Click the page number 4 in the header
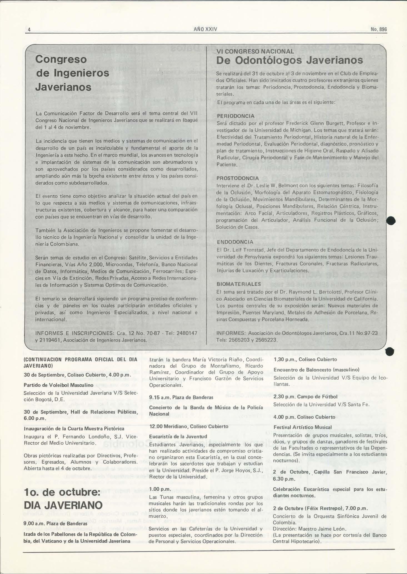tap(29, 29)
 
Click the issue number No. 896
tap(379, 29)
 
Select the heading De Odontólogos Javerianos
tap(289, 60)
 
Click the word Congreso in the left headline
tap(61, 59)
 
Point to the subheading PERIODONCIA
tap(235, 116)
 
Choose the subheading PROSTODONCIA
tap(238, 178)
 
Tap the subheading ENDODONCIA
tap(235, 242)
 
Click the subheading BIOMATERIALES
tap(239, 284)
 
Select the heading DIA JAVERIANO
tap(63, 505)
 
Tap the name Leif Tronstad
tap(248, 250)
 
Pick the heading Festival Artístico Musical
tap(303, 427)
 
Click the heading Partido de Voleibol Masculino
tap(58, 385)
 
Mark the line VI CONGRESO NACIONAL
tap(255, 51)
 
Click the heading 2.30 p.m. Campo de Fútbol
tap(305, 397)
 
